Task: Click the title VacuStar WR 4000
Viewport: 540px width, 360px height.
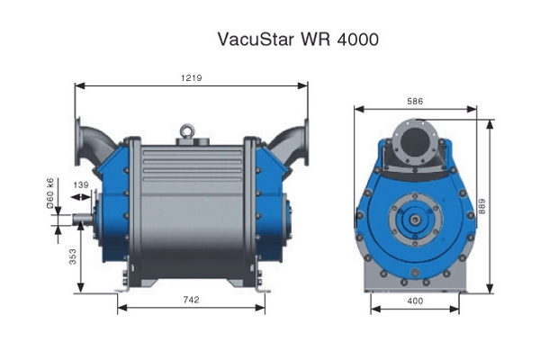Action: (x=298, y=39)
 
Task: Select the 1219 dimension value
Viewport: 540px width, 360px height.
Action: (x=192, y=78)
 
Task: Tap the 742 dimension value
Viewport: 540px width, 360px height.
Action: (x=191, y=300)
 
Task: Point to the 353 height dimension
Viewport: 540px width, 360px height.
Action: (x=73, y=256)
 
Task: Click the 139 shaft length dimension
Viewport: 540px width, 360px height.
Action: (x=81, y=185)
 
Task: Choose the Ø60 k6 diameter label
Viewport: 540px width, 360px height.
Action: (x=50, y=193)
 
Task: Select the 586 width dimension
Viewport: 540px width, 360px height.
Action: (x=415, y=102)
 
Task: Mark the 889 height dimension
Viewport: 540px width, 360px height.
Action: (x=482, y=206)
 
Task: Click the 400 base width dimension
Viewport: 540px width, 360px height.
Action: (x=415, y=301)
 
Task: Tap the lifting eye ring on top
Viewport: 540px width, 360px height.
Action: (x=187, y=130)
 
